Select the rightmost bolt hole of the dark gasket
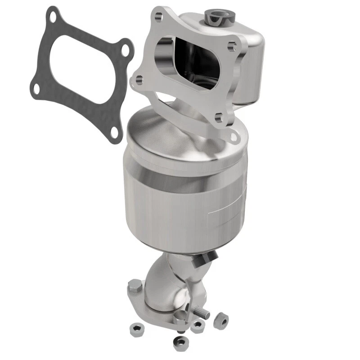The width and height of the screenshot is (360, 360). pyautogui.click(x=125, y=50)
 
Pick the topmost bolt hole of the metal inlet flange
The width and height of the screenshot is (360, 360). pyautogui.click(x=158, y=17)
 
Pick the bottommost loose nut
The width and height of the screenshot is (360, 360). pyautogui.click(x=180, y=343)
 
